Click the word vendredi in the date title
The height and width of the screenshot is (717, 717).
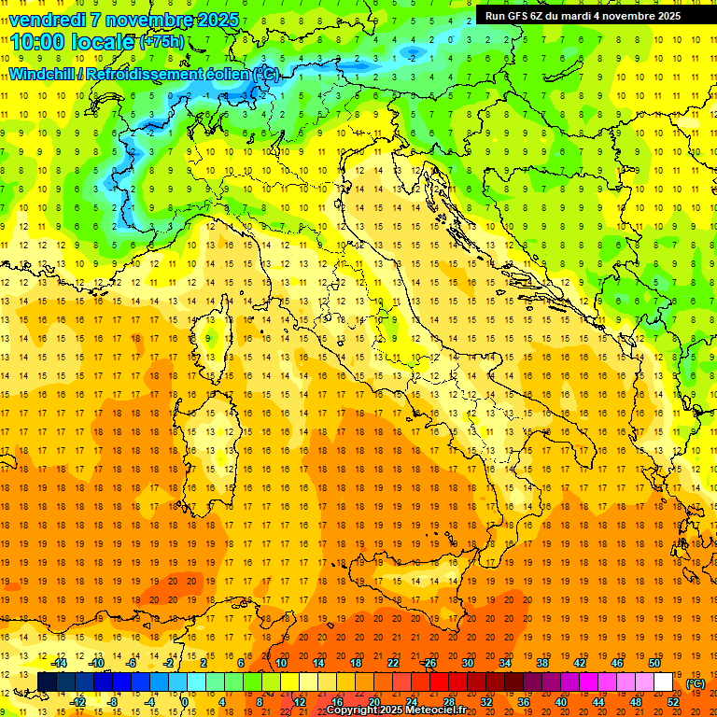pyautogui.click(x=47, y=20)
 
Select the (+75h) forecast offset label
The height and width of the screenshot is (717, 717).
pyautogui.click(x=161, y=42)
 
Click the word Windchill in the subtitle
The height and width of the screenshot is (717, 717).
pyautogui.click(x=43, y=73)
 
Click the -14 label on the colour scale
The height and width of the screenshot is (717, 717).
pyautogui.click(x=59, y=663)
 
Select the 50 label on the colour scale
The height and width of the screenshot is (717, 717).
pyautogui.click(x=654, y=663)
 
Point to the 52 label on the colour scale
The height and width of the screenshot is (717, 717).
pyautogui.click(x=673, y=702)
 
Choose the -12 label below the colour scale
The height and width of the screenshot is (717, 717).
pyautogui.click(x=78, y=702)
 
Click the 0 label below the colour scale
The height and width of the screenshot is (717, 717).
pyautogui.click(x=184, y=702)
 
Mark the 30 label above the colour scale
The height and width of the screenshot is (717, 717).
pyautogui.click(x=467, y=663)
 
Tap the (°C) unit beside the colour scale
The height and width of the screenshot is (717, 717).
pyautogui.click(x=696, y=683)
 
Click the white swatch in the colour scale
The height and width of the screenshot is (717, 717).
pyautogui.click(x=663, y=682)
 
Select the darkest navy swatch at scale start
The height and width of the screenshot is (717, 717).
pyautogui.click(x=47, y=682)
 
